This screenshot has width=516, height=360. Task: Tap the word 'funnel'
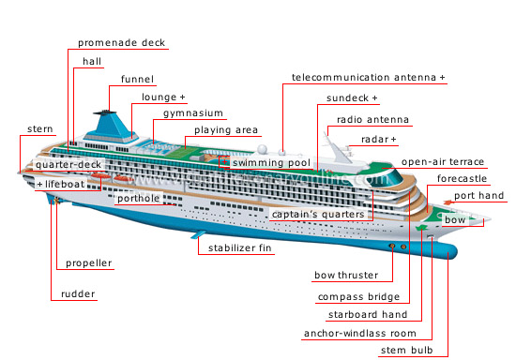coord(138,79)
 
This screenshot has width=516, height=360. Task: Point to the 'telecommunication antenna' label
coord(369,77)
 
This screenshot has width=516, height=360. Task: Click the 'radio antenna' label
coord(373,120)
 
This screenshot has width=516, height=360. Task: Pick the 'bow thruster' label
coord(346,276)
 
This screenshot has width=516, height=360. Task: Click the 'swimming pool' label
coord(271,163)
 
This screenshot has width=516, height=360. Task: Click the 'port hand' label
coord(479,196)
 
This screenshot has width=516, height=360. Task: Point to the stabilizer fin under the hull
coord(200,233)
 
